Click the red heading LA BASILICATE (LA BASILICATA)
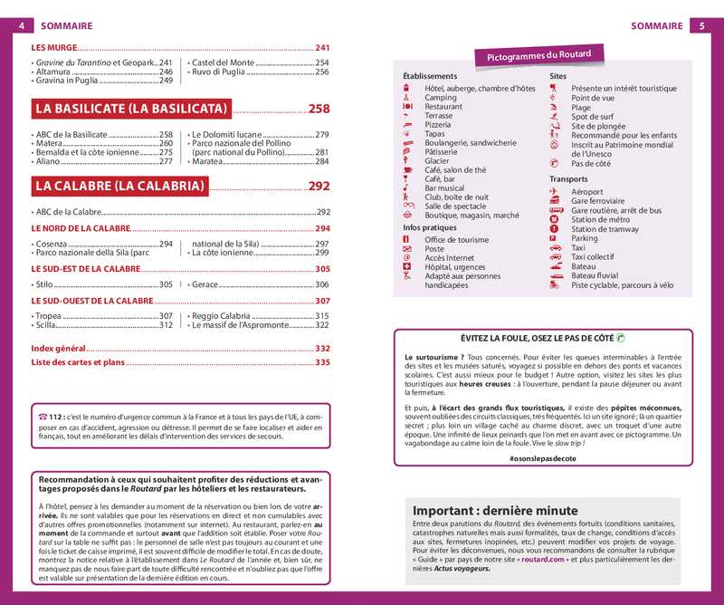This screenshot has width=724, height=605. point(130,109)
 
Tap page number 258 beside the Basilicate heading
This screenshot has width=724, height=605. point(319,109)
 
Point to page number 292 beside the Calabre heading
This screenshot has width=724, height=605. point(319,187)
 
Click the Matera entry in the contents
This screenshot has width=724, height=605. point(49,143)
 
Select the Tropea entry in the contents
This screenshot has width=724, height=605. point(50,316)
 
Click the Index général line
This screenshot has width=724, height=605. point(57,348)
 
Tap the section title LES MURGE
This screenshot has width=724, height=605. point(53,47)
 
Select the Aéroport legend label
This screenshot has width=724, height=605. point(587,192)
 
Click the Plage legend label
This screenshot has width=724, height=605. point(581,107)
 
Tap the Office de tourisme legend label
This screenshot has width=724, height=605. point(456,239)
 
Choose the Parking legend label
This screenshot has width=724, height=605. point(585,239)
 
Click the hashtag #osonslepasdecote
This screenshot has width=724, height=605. point(542,459)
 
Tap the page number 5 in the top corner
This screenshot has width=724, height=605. point(702,26)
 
